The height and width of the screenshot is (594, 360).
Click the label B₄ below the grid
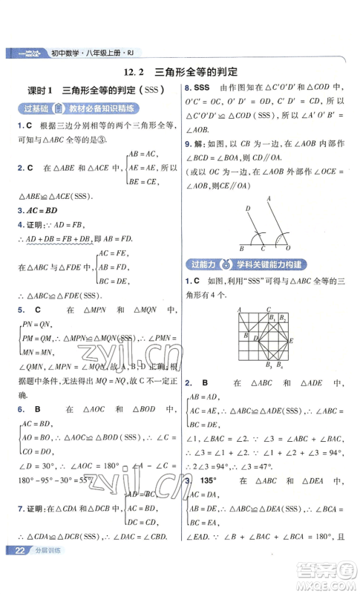tap(280, 366)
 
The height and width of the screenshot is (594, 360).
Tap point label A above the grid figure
tap(239, 309)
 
